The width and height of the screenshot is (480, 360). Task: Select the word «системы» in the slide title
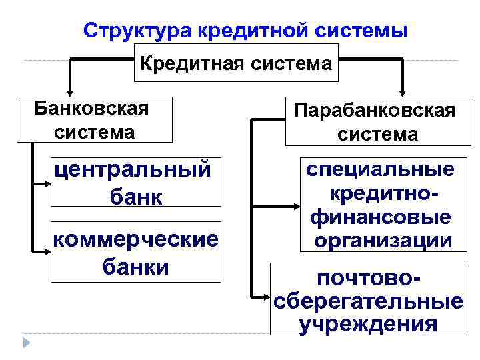pyautogui.click(x=360, y=31)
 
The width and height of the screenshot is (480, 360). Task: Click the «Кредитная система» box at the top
pyautogui.click(x=236, y=63)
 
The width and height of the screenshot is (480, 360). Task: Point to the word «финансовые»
pyautogui.click(x=380, y=217)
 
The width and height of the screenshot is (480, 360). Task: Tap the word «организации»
pyautogui.click(x=380, y=240)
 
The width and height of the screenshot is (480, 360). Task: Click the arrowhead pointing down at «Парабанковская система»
pyautogui.click(x=403, y=91)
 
